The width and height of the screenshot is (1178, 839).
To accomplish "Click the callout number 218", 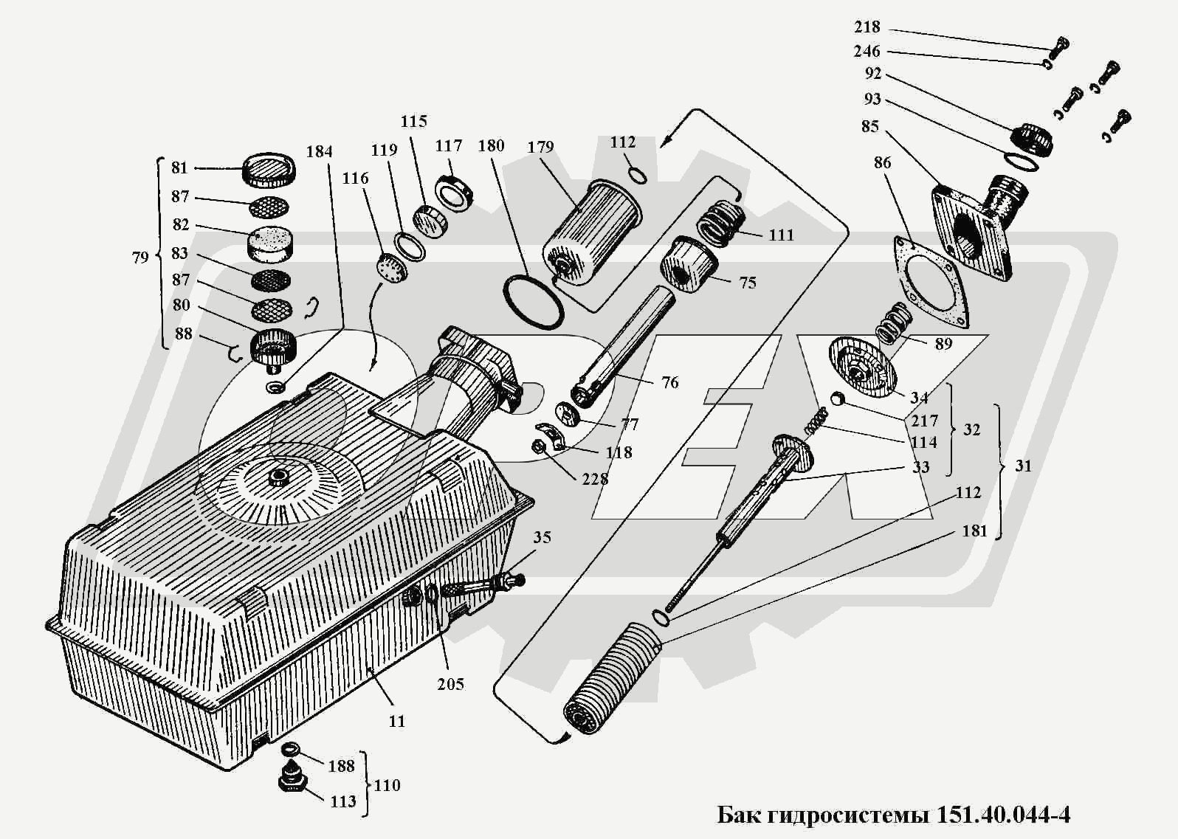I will pyautogui.click(x=867, y=27).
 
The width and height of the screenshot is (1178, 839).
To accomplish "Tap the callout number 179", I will pyautogui.click(x=540, y=147).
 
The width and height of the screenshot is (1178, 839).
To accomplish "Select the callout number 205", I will pyautogui.click(x=450, y=684).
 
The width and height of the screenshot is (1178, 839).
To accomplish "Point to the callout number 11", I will pyautogui.click(x=397, y=721).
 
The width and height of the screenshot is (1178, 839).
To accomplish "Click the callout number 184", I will pyautogui.click(x=319, y=152).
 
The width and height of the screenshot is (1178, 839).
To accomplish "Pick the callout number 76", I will pyautogui.click(x=669, y=382).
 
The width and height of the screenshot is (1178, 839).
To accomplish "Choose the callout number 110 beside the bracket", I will pyautogui.click(x=387, y=785).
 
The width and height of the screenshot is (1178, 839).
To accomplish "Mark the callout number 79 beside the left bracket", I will pyautogui.click(x=140, y=258).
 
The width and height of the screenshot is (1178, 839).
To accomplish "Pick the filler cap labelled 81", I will pyautogui.click(x=270, y=171).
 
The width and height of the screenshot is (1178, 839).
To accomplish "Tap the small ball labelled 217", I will pyautogui.click(x=837, y=399).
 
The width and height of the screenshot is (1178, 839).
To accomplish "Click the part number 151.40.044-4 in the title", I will pyautogui.click(x=1003, y=815).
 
